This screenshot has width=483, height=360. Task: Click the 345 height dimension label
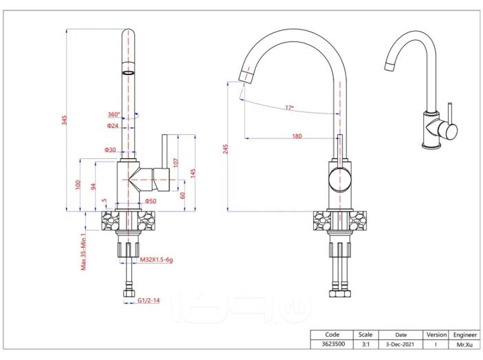pyautogui.click(x=64, y=120)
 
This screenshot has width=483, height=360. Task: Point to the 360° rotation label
pyautogui.click(x=114, y=114)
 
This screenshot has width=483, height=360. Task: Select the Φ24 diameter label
pyautogui.click(x=113, y=126)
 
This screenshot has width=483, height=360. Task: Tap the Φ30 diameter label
pyautogui.click(x=110, y=150)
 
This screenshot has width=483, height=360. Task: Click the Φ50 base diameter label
pyautogui.click(x=151, y=201)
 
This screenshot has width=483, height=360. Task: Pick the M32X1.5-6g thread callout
pyautogui.click(x=156, y=260)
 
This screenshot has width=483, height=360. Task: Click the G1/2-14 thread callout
pyautogui.click(x=149, y=300)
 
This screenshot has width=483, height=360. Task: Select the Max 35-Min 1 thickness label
pyautogui.click(x=83, y=252)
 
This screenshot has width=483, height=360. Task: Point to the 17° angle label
pyautogui.click(x=289, y=107)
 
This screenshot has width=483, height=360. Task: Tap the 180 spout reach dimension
pyautogui.click(x=297, y=136)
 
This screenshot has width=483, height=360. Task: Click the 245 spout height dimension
pyautogui.click(x=226, y=149)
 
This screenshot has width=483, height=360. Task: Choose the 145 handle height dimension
pyautogui.click(x=193, y=173)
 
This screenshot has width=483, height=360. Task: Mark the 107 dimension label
pyautogui.click(x=175, y=162)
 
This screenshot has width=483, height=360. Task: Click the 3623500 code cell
pyautogui.click(x=333, y=344)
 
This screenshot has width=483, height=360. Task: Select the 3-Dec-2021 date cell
pyautogui.click(x=400, y=344)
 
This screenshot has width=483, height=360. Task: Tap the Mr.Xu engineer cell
pyautogui.click(x=464, y=345)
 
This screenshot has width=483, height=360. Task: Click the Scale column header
pyautogui.click(x=365, y=335)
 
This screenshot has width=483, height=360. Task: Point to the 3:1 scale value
pyautogui.click(x=365, y=344)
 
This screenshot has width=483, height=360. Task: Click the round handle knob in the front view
pyautogui.click(x=340, y=180)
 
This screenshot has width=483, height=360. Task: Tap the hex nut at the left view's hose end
pyautogui.click(x=130, y=293)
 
